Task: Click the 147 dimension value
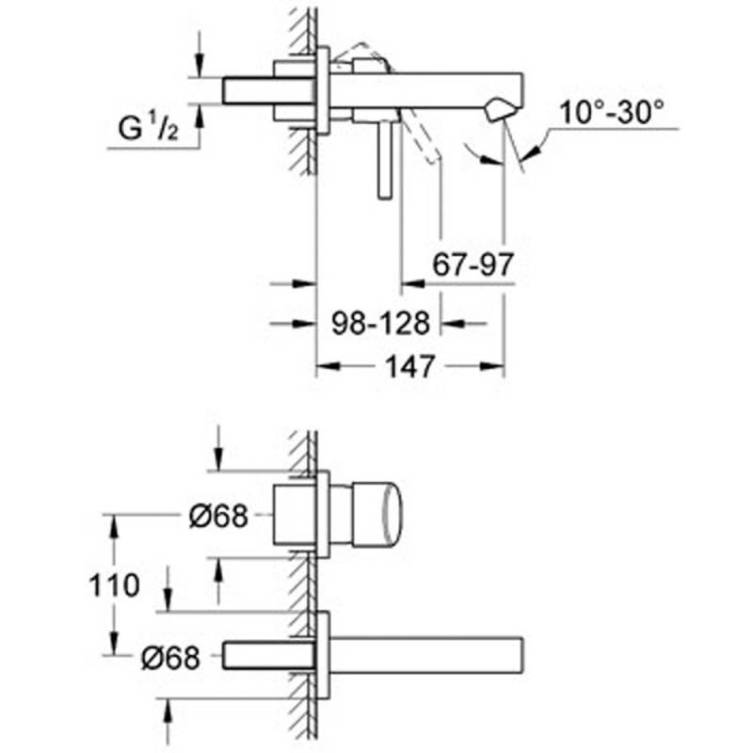tap(410, 367)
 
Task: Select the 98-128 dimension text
tap(381, 324)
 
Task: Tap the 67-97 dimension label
tap(473, 264)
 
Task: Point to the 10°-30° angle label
tap(612, 112)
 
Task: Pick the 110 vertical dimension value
tap(114, 585)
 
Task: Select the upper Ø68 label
tap(218, 516)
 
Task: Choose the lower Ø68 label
tap(170, 658)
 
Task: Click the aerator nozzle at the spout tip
tap(500, 109)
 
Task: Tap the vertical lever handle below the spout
tap(385, 159)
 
